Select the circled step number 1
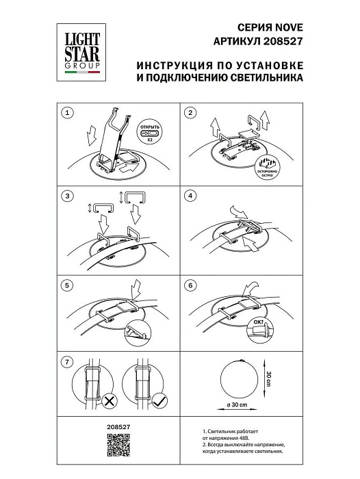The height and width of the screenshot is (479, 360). [66, 112]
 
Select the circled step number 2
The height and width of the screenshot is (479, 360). [191, 112]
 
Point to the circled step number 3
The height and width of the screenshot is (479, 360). [66, 197]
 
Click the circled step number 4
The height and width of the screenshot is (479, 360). [191, 197]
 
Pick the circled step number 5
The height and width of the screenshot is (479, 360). [66, 284]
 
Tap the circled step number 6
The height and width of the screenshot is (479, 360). [191, 284]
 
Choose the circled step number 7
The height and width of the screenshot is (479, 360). [66, 361]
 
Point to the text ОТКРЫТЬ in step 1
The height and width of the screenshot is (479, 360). [150, 128]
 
